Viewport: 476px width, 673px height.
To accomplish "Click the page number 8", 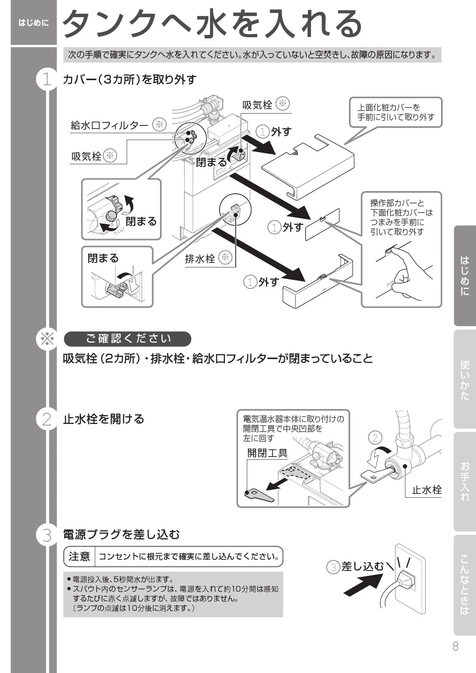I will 455,647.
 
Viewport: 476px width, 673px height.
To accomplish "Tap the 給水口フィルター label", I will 109,125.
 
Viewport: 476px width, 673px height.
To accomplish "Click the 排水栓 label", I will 200,259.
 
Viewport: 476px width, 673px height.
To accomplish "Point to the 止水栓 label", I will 426,490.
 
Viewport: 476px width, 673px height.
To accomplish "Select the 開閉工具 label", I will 267,453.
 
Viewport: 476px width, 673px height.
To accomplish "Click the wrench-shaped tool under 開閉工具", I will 259,495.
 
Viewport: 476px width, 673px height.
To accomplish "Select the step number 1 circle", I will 47,80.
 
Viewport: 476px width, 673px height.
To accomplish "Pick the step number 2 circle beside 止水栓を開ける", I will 47,419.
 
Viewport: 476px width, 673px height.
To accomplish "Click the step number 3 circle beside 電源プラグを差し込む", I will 47,535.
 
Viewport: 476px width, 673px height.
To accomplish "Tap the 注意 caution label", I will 79,556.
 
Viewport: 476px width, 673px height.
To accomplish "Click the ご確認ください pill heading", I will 127,339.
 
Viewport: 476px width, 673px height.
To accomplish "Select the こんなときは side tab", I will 464,585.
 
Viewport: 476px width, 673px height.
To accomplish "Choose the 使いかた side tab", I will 464,380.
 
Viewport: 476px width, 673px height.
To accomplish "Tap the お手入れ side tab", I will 464,482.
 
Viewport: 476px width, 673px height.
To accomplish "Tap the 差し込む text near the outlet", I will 362,566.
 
